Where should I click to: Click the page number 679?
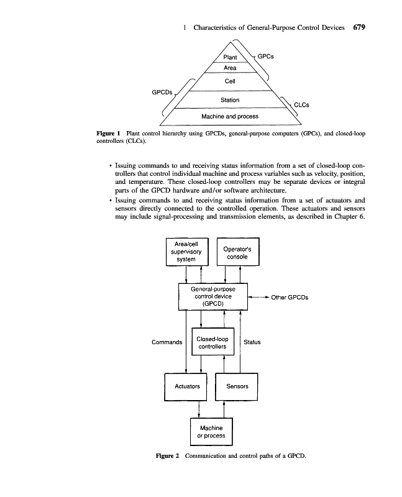(361, 27)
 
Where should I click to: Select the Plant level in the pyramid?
(230, 57)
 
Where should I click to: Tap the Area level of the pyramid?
(230, 68)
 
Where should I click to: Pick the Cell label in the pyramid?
(230, 81)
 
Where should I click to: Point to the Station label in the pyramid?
(230, 99)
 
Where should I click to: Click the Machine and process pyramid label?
(230, 116)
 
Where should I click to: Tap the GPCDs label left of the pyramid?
(163, 92)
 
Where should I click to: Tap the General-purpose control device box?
(212, 297)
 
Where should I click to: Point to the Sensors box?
(237, 386)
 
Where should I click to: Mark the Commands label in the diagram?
(167, 342)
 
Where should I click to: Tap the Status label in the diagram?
(252, 342)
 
